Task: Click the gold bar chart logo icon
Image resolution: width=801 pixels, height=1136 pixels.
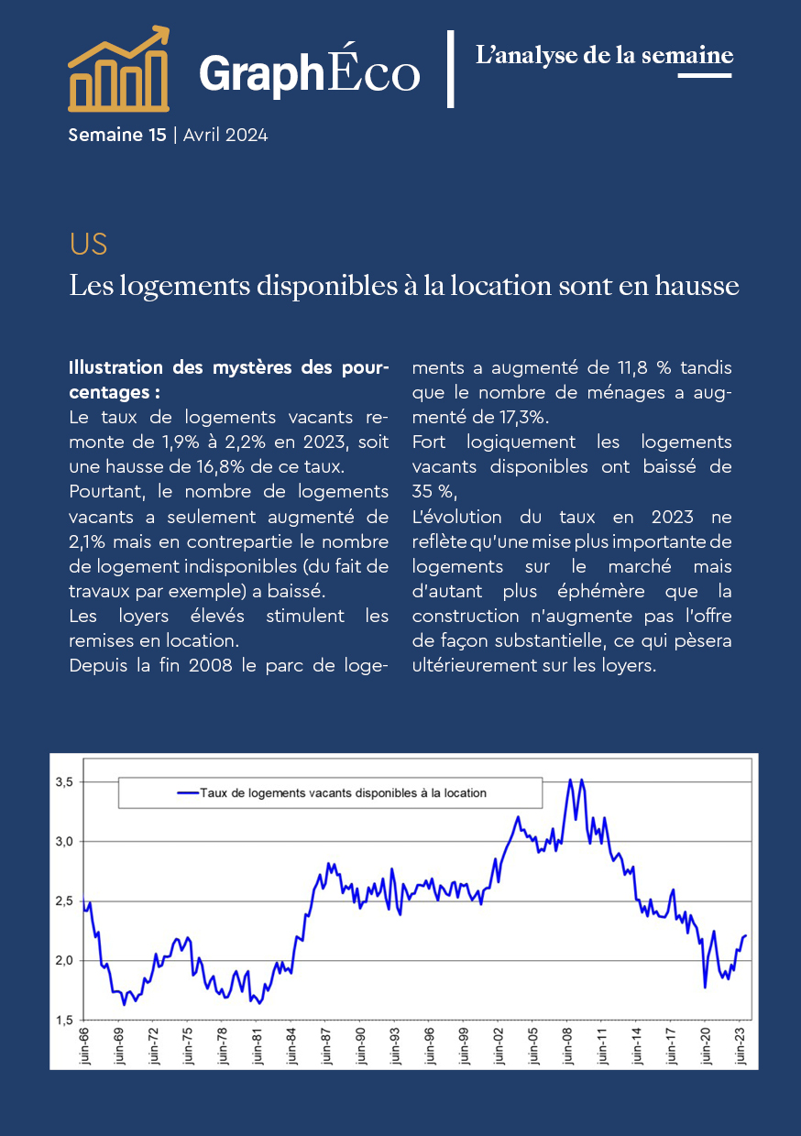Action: pyautogui.click(x=119, y=69)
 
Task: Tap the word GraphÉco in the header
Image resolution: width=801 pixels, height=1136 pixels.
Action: pyautogui.click(x=310, y=72)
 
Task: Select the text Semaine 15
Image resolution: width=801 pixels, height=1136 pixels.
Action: pyautogui.click(x=117, y=135)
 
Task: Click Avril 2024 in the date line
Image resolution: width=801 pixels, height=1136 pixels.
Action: pyautogui.click(x=225, y=135)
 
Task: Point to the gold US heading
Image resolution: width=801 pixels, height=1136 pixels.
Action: pyautogui.click(x=88, y=245)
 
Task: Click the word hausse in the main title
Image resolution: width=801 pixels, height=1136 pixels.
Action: pyautogui.click(x=697, y=286)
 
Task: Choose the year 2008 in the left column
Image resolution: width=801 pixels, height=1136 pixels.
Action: pyautogui.click(x=211, y=665)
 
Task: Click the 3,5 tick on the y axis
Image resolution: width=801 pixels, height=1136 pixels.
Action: pyautogui.click(x=64, y=782)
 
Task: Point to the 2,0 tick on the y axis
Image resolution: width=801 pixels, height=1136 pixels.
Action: pyautogui.click(x=64, y=960)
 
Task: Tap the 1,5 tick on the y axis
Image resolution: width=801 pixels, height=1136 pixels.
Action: pyautogui.click(x=64, y=1021)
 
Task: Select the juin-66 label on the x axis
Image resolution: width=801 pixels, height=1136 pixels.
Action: pyautogui.click(x=84, y=1045)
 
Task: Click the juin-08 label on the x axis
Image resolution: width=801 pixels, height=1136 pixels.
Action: pyautogui.click(x=567, y=1045)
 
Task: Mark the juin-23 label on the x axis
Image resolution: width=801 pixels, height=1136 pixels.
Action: pyautogui.click(x=741, y=1045)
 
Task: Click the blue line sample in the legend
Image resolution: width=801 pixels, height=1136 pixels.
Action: pyautogui.click(x=188, y=793)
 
